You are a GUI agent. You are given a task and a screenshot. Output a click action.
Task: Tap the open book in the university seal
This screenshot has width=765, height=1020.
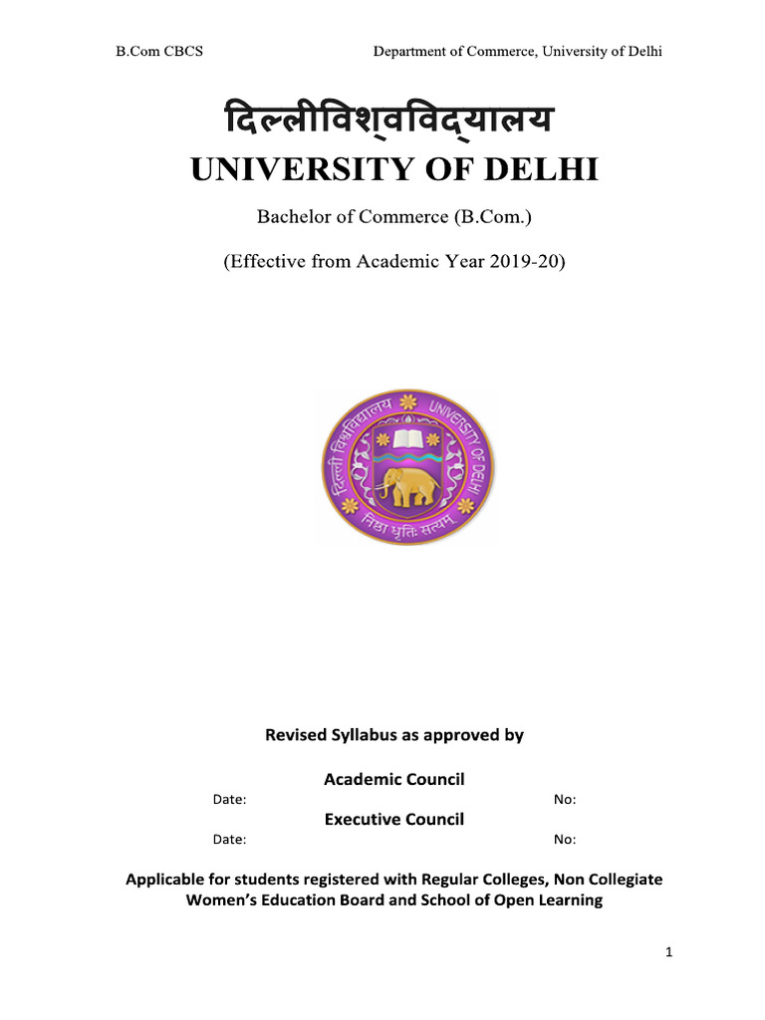tap(407, 438)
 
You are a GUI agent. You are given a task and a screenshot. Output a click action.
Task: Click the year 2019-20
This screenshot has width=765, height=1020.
tap(528, 263)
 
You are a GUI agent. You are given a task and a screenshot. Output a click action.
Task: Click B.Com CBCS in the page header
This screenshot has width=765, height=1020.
tap(159, 51)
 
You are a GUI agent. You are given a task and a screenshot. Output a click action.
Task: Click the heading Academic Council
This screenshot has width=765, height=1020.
tap(394, 779)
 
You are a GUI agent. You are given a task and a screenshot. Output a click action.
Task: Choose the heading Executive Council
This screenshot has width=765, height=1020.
tap(394, 819)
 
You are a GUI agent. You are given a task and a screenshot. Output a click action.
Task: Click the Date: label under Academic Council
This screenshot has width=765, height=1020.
tap(230, 800)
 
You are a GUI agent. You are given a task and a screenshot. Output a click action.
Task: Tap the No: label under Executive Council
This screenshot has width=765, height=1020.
tap(565, 840)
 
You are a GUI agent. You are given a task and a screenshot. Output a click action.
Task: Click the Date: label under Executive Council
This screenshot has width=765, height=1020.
tap(230, 840)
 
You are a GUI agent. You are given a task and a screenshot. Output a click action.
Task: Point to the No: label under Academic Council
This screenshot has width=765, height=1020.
tap(565, 800)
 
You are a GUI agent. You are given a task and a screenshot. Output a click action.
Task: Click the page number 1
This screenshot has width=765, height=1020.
tap(670, 953)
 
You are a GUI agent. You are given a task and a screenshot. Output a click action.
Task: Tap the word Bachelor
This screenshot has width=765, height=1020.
tap(292, 217)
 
